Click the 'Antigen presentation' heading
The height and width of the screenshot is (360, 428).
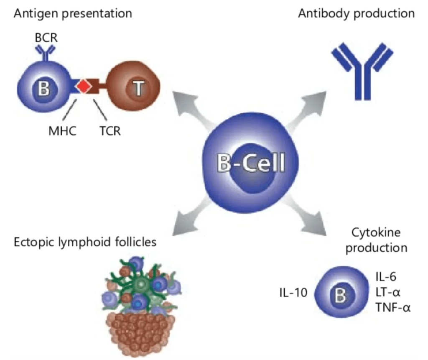click(x=73, y=13)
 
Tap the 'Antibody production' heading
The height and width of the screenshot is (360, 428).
click(x=356, y=13)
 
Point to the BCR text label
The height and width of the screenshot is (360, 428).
click(x=46, y=38)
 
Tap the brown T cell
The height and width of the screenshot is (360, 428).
click(x=136, y=87)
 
